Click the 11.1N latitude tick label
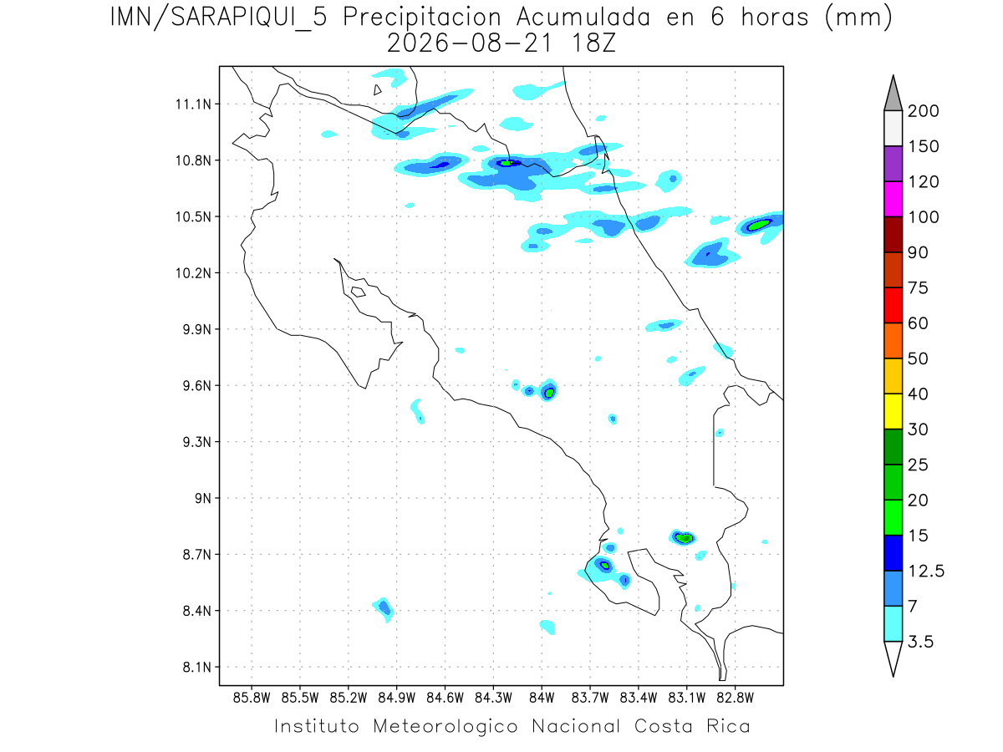click(193, 104)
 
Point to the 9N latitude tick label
click(203, 498)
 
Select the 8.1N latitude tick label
click(197, 667)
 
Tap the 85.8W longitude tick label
click(252, 698)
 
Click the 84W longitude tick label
click(542, 698)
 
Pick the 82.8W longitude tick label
click(735, 698)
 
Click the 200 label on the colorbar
click(923, 111)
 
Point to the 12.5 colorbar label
click(926, 572)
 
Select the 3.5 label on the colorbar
click(920, 642)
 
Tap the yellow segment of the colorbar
click(893, 411)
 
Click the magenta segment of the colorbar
click(893, 199)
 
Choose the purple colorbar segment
click(893, 164)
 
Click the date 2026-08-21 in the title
click(469, 44)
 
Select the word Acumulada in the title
click(583, 18)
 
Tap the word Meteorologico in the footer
click(445, 726)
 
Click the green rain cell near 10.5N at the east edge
click(759, 225)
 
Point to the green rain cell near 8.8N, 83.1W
click(684, 538)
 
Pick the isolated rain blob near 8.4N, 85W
click(384, 609)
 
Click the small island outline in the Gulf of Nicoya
click(359, 292)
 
